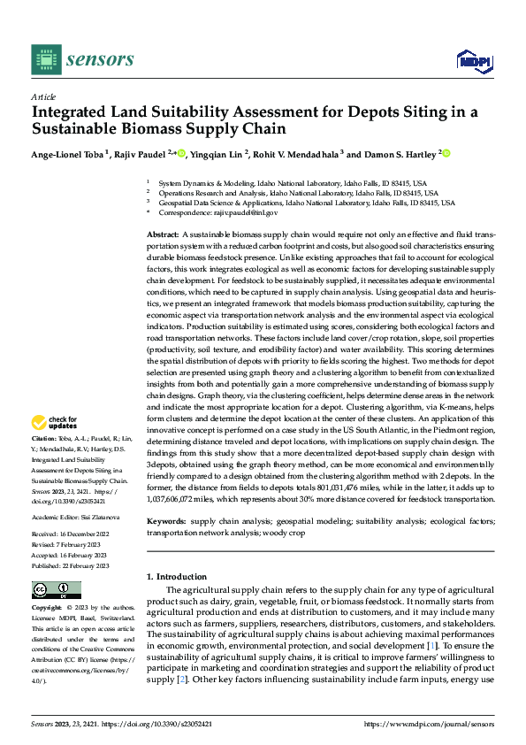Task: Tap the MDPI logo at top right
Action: click(x=473, y=59)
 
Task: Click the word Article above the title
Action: click(x=43, y=96)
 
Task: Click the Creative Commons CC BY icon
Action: click(x=56, y=589)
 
